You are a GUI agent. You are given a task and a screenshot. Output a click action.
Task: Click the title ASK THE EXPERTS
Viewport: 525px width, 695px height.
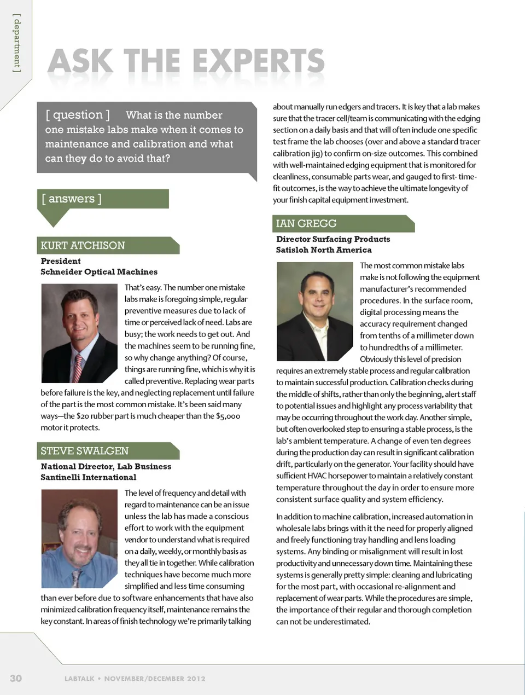186,61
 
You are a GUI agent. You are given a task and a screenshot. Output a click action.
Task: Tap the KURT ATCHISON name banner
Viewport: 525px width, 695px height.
83,245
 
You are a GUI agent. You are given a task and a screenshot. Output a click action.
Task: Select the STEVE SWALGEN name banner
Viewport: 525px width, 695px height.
85,451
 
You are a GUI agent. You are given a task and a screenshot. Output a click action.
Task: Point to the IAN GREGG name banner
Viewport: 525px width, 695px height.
306,223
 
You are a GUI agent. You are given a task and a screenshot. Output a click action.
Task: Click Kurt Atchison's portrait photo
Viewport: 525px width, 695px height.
79,333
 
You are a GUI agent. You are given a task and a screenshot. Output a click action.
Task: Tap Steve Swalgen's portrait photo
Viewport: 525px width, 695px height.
79,538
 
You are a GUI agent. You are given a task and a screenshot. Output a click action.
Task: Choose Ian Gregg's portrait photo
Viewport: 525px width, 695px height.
314,311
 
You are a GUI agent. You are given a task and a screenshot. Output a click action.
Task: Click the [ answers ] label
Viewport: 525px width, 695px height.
72,199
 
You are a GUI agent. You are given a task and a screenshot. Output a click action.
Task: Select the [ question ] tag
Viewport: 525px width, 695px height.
78,115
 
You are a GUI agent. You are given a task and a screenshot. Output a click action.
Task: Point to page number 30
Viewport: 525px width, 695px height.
16,678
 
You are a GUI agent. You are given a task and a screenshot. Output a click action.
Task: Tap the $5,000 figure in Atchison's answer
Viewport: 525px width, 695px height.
228,416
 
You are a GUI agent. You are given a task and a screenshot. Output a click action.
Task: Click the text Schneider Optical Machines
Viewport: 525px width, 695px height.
99,271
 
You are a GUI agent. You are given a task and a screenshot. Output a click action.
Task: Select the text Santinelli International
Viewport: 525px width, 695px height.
89,477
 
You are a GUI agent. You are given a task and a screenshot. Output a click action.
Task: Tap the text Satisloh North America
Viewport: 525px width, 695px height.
324,250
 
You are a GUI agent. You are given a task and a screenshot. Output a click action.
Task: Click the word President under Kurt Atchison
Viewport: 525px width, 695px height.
61,261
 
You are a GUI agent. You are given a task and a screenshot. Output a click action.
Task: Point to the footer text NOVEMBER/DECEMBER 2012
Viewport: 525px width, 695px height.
155,679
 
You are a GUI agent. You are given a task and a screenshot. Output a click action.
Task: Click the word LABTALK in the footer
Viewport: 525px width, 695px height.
79,679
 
